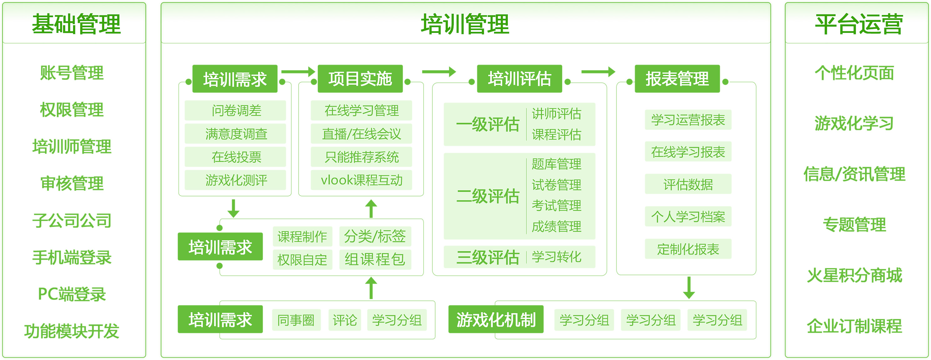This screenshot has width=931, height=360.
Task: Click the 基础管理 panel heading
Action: pos(76,24)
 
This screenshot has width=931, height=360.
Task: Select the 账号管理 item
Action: pos(72,72)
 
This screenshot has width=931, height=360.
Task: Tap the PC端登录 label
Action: pos(72,294)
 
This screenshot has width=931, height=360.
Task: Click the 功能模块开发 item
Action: pos(72,331)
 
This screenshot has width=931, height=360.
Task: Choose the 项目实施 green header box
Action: pos(360,79)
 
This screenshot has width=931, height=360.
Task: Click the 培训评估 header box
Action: pos(519,79)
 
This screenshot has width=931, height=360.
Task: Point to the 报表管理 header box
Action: pos(677,79)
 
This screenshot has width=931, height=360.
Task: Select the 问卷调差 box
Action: pos(235,110)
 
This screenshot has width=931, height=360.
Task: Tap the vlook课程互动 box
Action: pos(361,180)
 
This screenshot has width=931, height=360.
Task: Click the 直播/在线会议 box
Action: pos(361,134)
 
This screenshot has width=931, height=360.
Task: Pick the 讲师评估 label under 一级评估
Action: pos(557,114)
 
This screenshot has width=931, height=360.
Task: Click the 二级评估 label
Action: pos(488,196)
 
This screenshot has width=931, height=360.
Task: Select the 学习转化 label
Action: pos(557,257)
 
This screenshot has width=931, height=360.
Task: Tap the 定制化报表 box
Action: pos(688,249)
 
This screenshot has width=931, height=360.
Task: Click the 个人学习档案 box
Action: pos(688,217)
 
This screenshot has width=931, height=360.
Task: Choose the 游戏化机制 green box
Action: pos(496,319)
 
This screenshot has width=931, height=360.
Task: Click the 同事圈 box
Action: pos(296,320)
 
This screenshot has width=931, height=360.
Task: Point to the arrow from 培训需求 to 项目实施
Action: pos(298,72)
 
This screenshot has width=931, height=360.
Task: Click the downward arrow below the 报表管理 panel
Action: pos(689,288)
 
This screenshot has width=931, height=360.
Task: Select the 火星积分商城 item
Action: pos(855,275)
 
